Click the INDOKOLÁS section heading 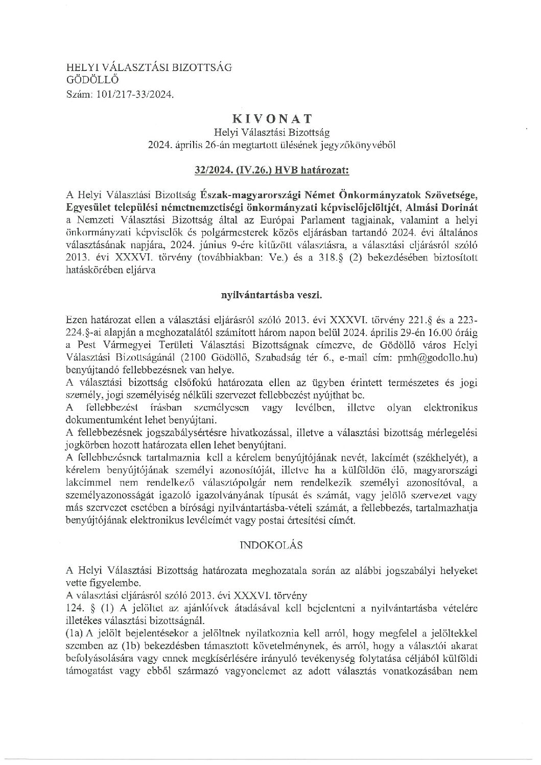pos(270,545)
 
